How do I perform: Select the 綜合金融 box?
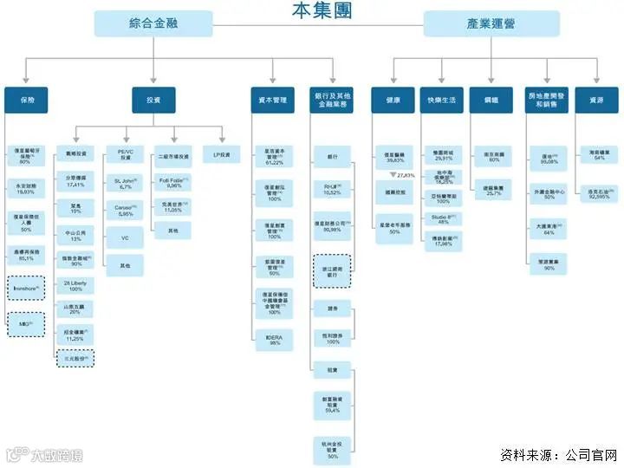153,23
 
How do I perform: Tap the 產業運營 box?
479,23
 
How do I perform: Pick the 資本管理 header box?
275,101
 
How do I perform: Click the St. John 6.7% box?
123,183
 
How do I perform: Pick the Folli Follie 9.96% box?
172,183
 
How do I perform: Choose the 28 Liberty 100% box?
75,285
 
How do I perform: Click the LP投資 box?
222,156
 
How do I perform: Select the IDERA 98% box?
275,338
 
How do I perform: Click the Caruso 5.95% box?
123,211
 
